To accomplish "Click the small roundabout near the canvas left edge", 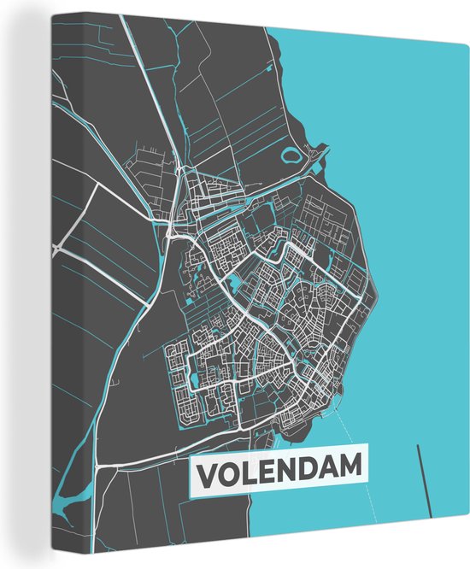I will (x=56, y=249).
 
